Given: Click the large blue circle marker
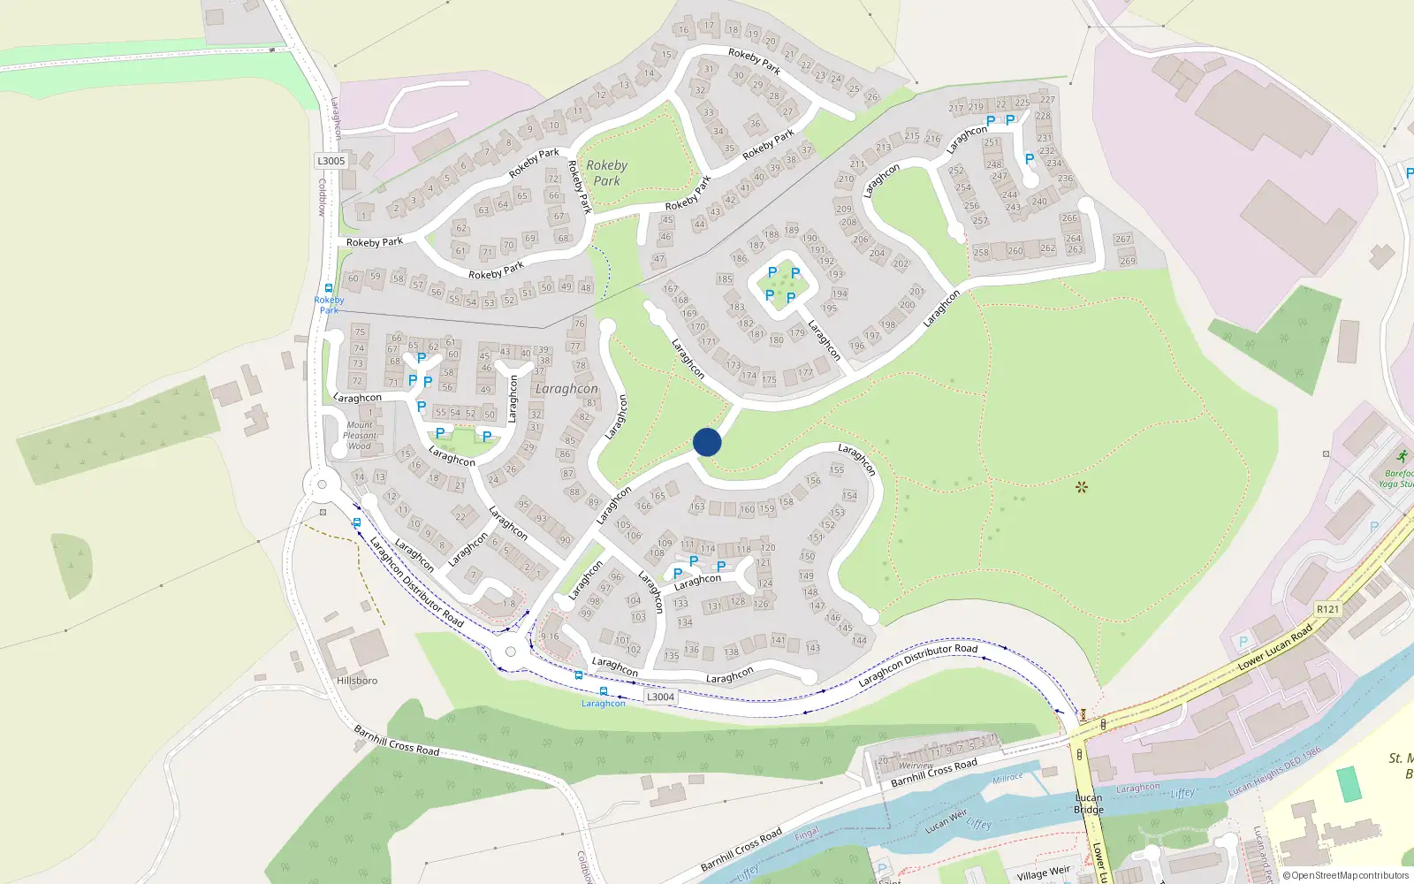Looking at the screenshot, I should tap(707, 442).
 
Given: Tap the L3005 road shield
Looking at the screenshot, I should tap(331, 161).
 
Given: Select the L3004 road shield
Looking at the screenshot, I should tap(660, 697).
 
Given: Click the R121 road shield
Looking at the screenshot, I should tap(1327, 609).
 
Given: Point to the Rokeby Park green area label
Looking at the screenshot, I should tap(606, 173).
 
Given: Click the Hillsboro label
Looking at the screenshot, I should tap(357, 681).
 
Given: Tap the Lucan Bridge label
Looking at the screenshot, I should tap(1088, 804).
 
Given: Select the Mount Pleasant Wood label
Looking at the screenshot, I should tap(360, 436).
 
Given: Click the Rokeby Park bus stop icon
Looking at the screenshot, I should tap(329, 288).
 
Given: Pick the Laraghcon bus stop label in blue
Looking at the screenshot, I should tap(604, 704).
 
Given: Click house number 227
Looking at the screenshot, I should tap(1047, 100).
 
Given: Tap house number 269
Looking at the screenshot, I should tap(1128, 261).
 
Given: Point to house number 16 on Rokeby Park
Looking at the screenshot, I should tap(683, 29).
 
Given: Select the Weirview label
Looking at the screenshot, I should tap(916, 766).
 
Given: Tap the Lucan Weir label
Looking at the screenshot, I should tap(946, 821).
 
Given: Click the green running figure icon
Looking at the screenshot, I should tap(1402, 456).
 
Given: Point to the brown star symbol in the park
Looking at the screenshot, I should tap(1081, 487).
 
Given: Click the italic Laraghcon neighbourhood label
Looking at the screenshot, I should tap(566, 389).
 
